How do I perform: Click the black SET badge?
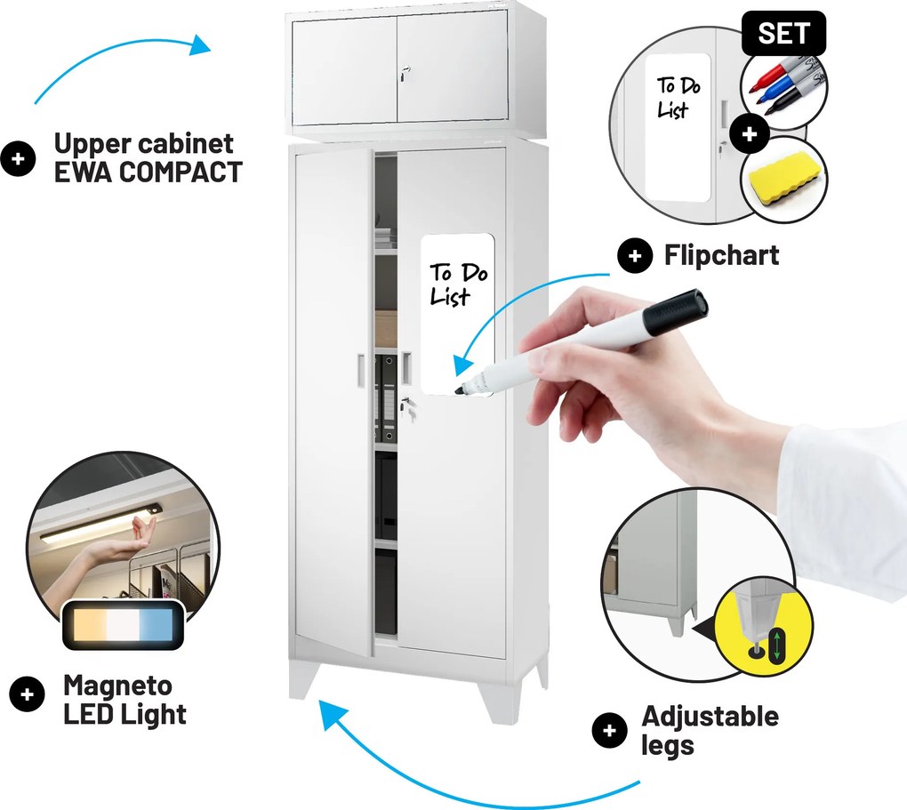click(783, 33)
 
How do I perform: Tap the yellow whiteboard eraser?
click(783, 176)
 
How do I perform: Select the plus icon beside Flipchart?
click(635, 255)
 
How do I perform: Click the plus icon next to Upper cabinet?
click(18, 158)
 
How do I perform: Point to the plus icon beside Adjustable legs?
click(610, 730)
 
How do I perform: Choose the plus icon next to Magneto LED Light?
click(27, 694)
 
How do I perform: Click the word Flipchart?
click(721, 255)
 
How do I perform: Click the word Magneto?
click(117, 686)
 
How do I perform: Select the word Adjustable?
click(710, 717)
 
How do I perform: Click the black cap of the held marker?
click(675, 312)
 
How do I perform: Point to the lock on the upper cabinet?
click(404, 73)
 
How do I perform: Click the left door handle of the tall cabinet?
click(361, 369)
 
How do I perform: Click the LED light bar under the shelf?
click(100, 525)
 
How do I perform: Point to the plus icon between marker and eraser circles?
click(750, 133)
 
